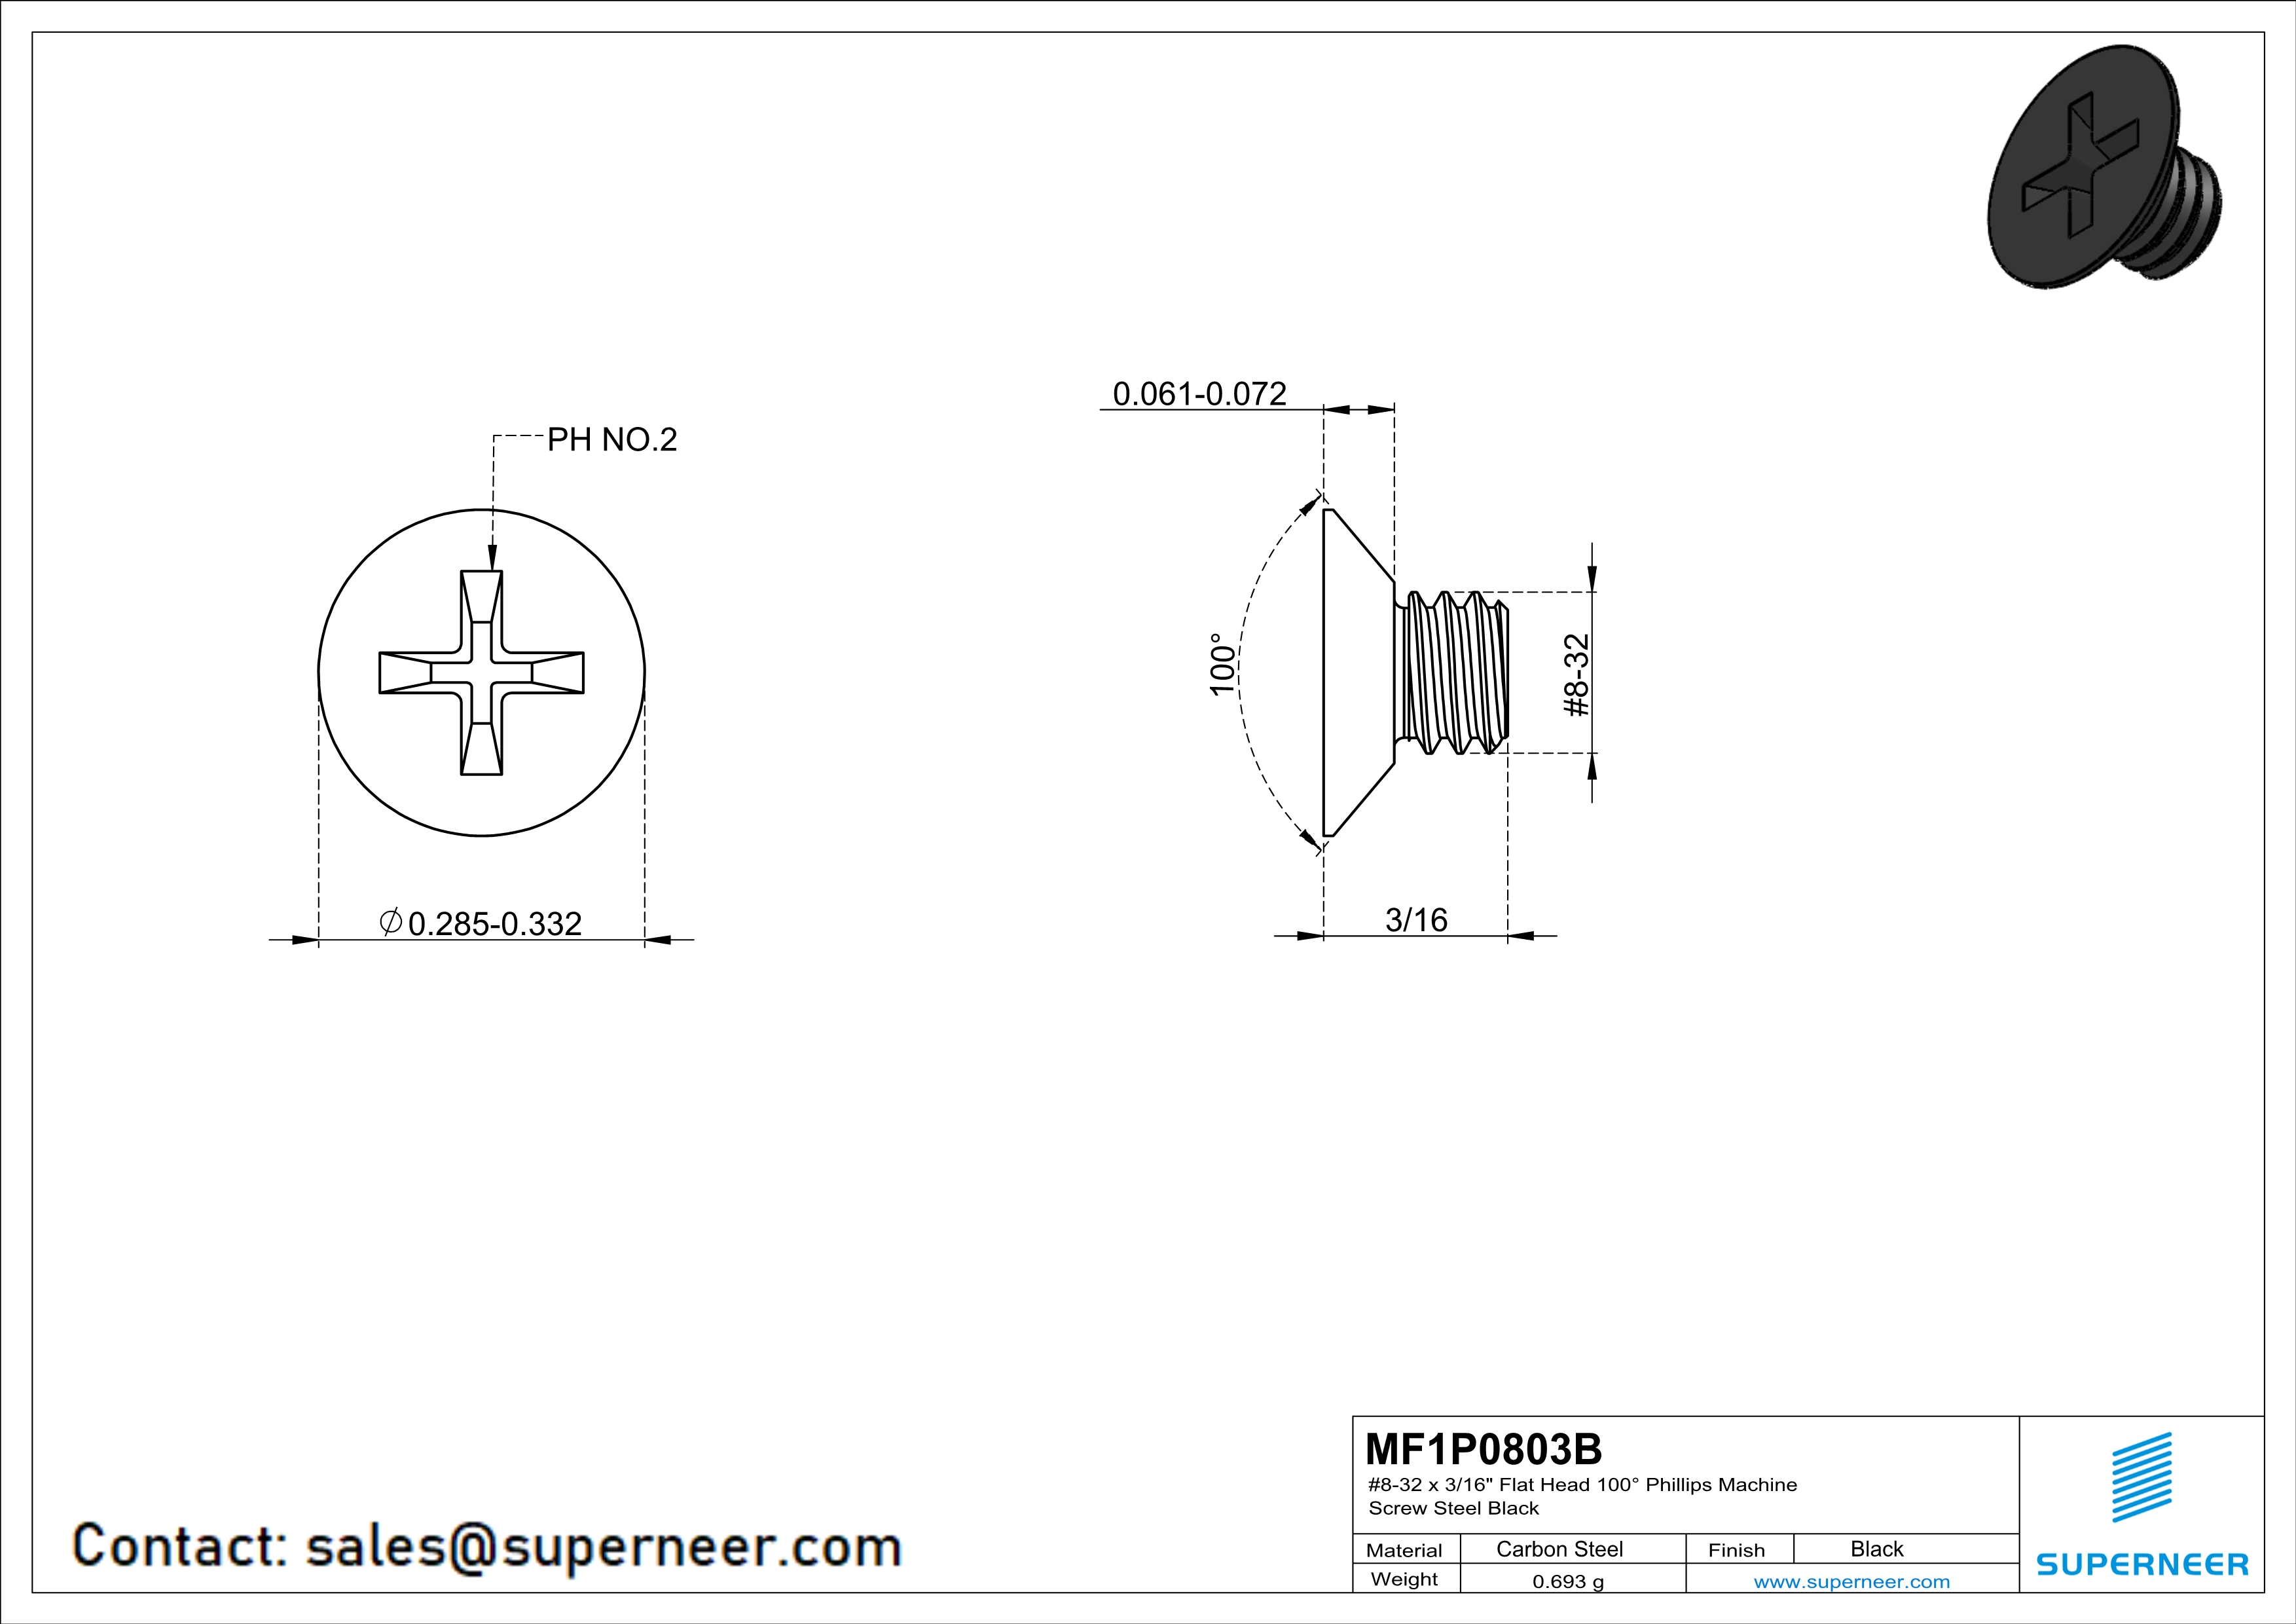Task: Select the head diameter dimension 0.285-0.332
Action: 495,923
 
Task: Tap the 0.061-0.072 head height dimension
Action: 1199,394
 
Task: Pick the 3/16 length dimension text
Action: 1416,919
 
